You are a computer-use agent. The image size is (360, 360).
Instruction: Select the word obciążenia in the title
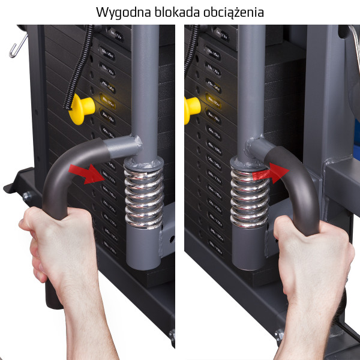coord(230,13)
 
